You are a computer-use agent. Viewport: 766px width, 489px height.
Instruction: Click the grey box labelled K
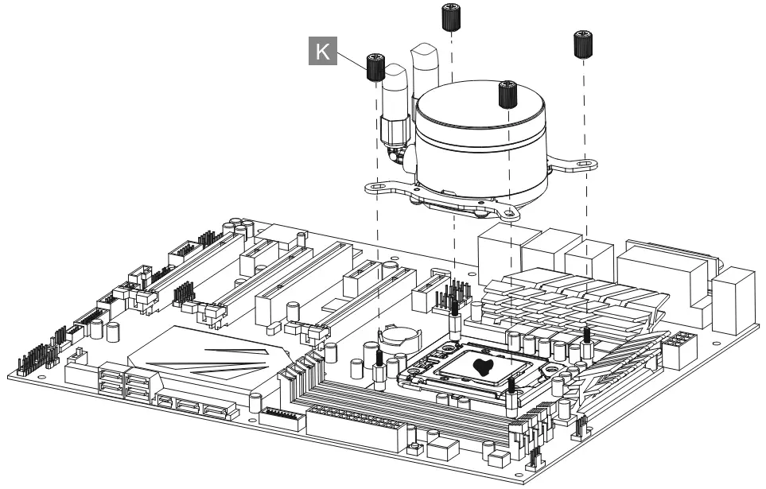[x=321, y=53]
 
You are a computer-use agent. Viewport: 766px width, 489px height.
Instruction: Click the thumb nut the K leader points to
[x=375, y=67]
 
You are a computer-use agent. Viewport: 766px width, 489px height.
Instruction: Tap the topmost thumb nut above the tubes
[x=451, y=15]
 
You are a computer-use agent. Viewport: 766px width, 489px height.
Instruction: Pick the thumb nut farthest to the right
[x=583, y=45]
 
